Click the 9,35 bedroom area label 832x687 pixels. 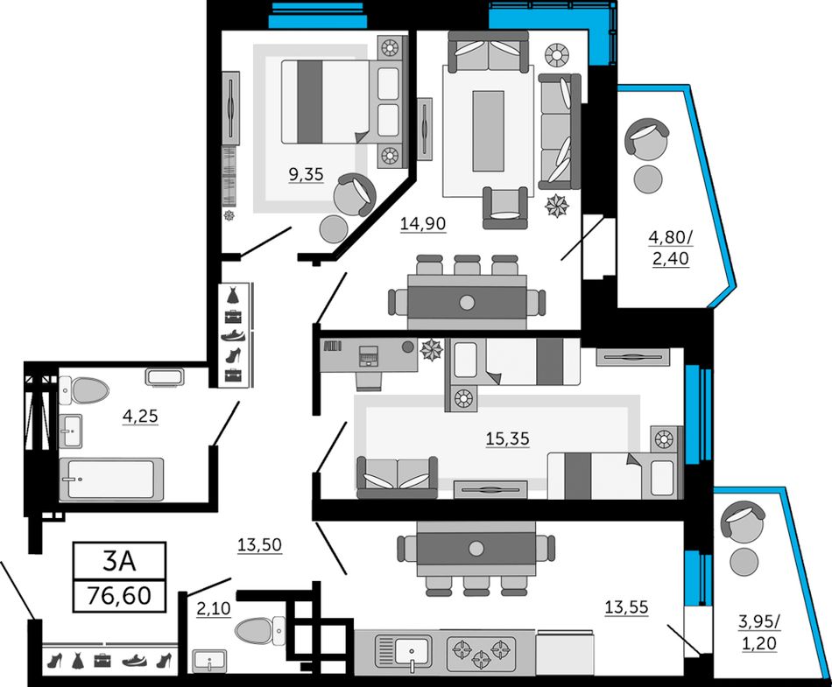[x=307, y=174]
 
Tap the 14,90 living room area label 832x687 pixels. [x=423, y=224]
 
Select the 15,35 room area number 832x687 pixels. [x=508, y=439]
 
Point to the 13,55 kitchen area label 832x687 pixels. [x=627, y=607]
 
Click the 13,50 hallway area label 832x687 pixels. [x=259, y=544]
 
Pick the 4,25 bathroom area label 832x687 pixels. [x=141, y=416]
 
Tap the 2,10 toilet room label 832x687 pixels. [x=214, y=609]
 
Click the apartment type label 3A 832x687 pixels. [x=119, y=561]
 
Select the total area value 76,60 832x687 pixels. [x=119, y=595]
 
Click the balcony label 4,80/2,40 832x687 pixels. [x=671, y=248]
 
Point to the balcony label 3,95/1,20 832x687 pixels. [x=759, y=633]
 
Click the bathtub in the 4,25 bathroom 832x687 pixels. [x=111, y=479]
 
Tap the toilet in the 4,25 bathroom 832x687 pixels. [x=84, y=390]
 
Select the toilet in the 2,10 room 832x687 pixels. [x=260, y=631]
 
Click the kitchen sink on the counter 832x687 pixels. [x=403, y=651]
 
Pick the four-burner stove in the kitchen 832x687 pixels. [x=482, y=653]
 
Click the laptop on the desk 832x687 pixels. [x=369, y=356]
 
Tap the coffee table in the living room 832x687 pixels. [x=488, y=131]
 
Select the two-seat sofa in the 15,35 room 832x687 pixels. [x=398, y=478]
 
